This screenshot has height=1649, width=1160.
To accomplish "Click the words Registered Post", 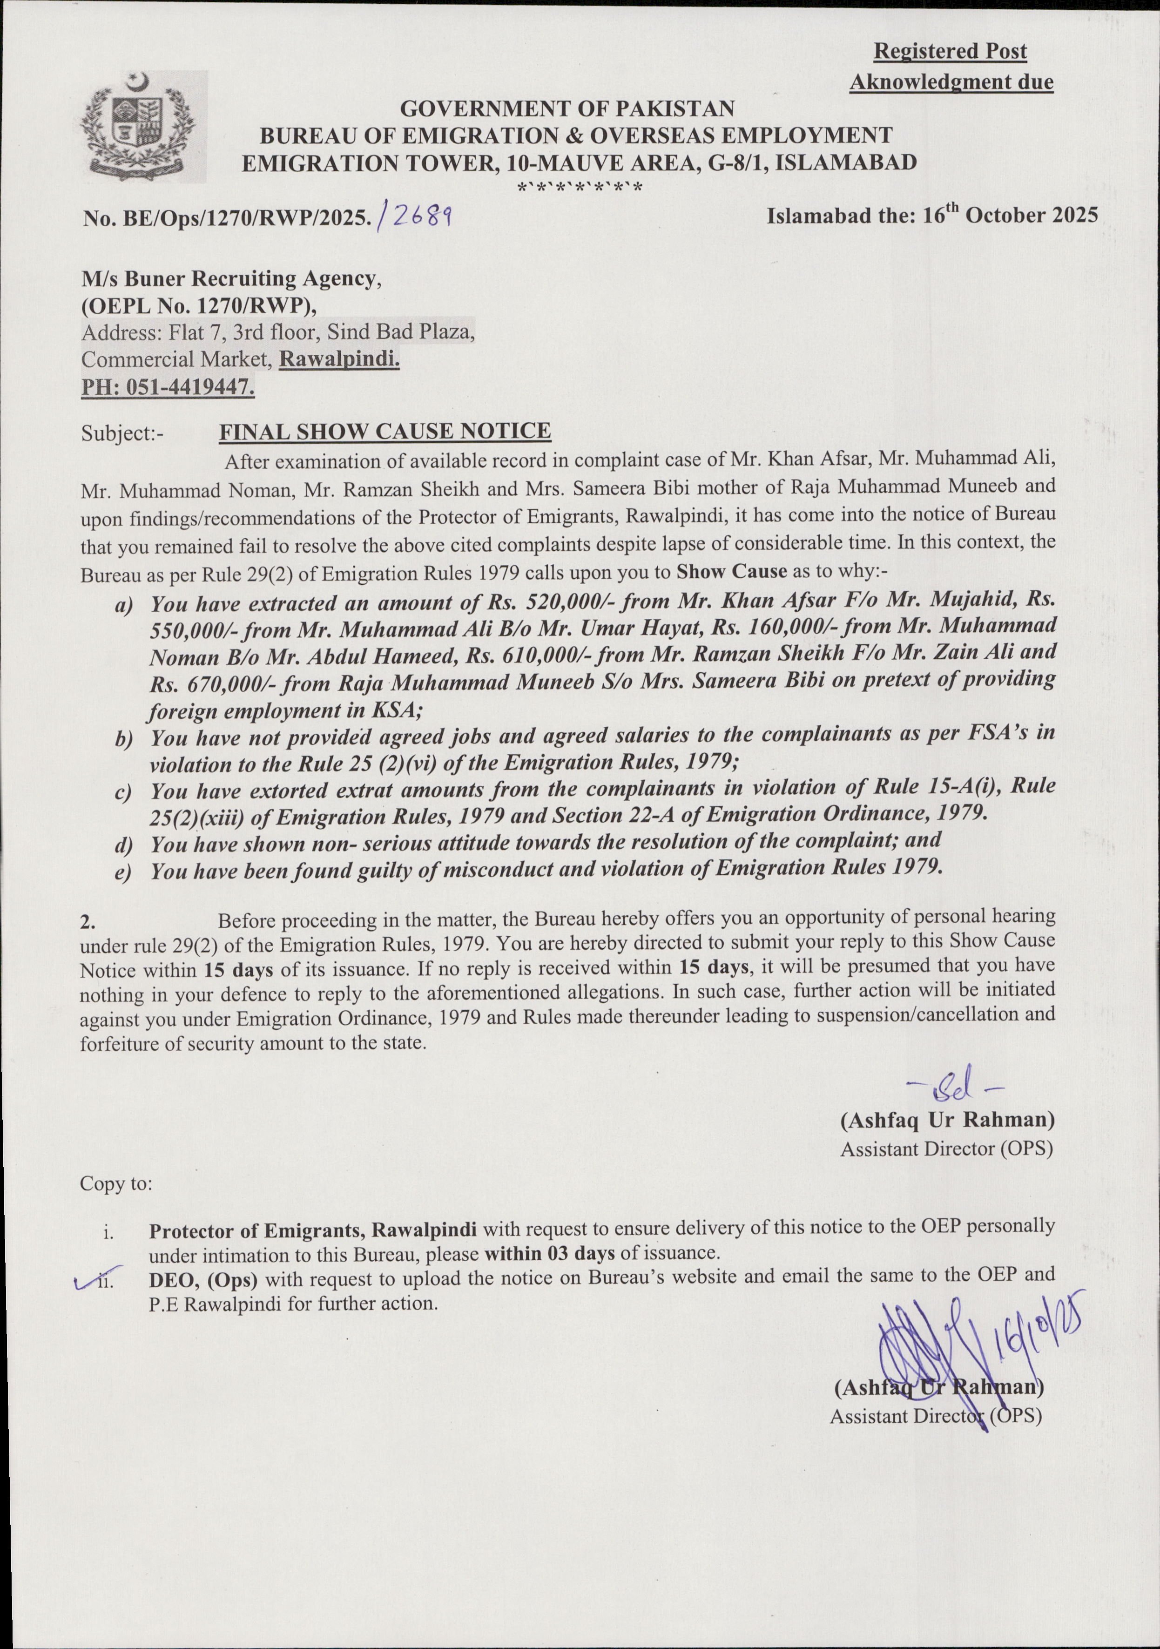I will tap(950, 52).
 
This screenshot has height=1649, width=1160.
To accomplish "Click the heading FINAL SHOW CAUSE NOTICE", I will tap(384, 432).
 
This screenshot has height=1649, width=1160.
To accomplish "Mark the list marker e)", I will tap(123, 872).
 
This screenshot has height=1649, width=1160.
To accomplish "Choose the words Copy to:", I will tap(115, 1183).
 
